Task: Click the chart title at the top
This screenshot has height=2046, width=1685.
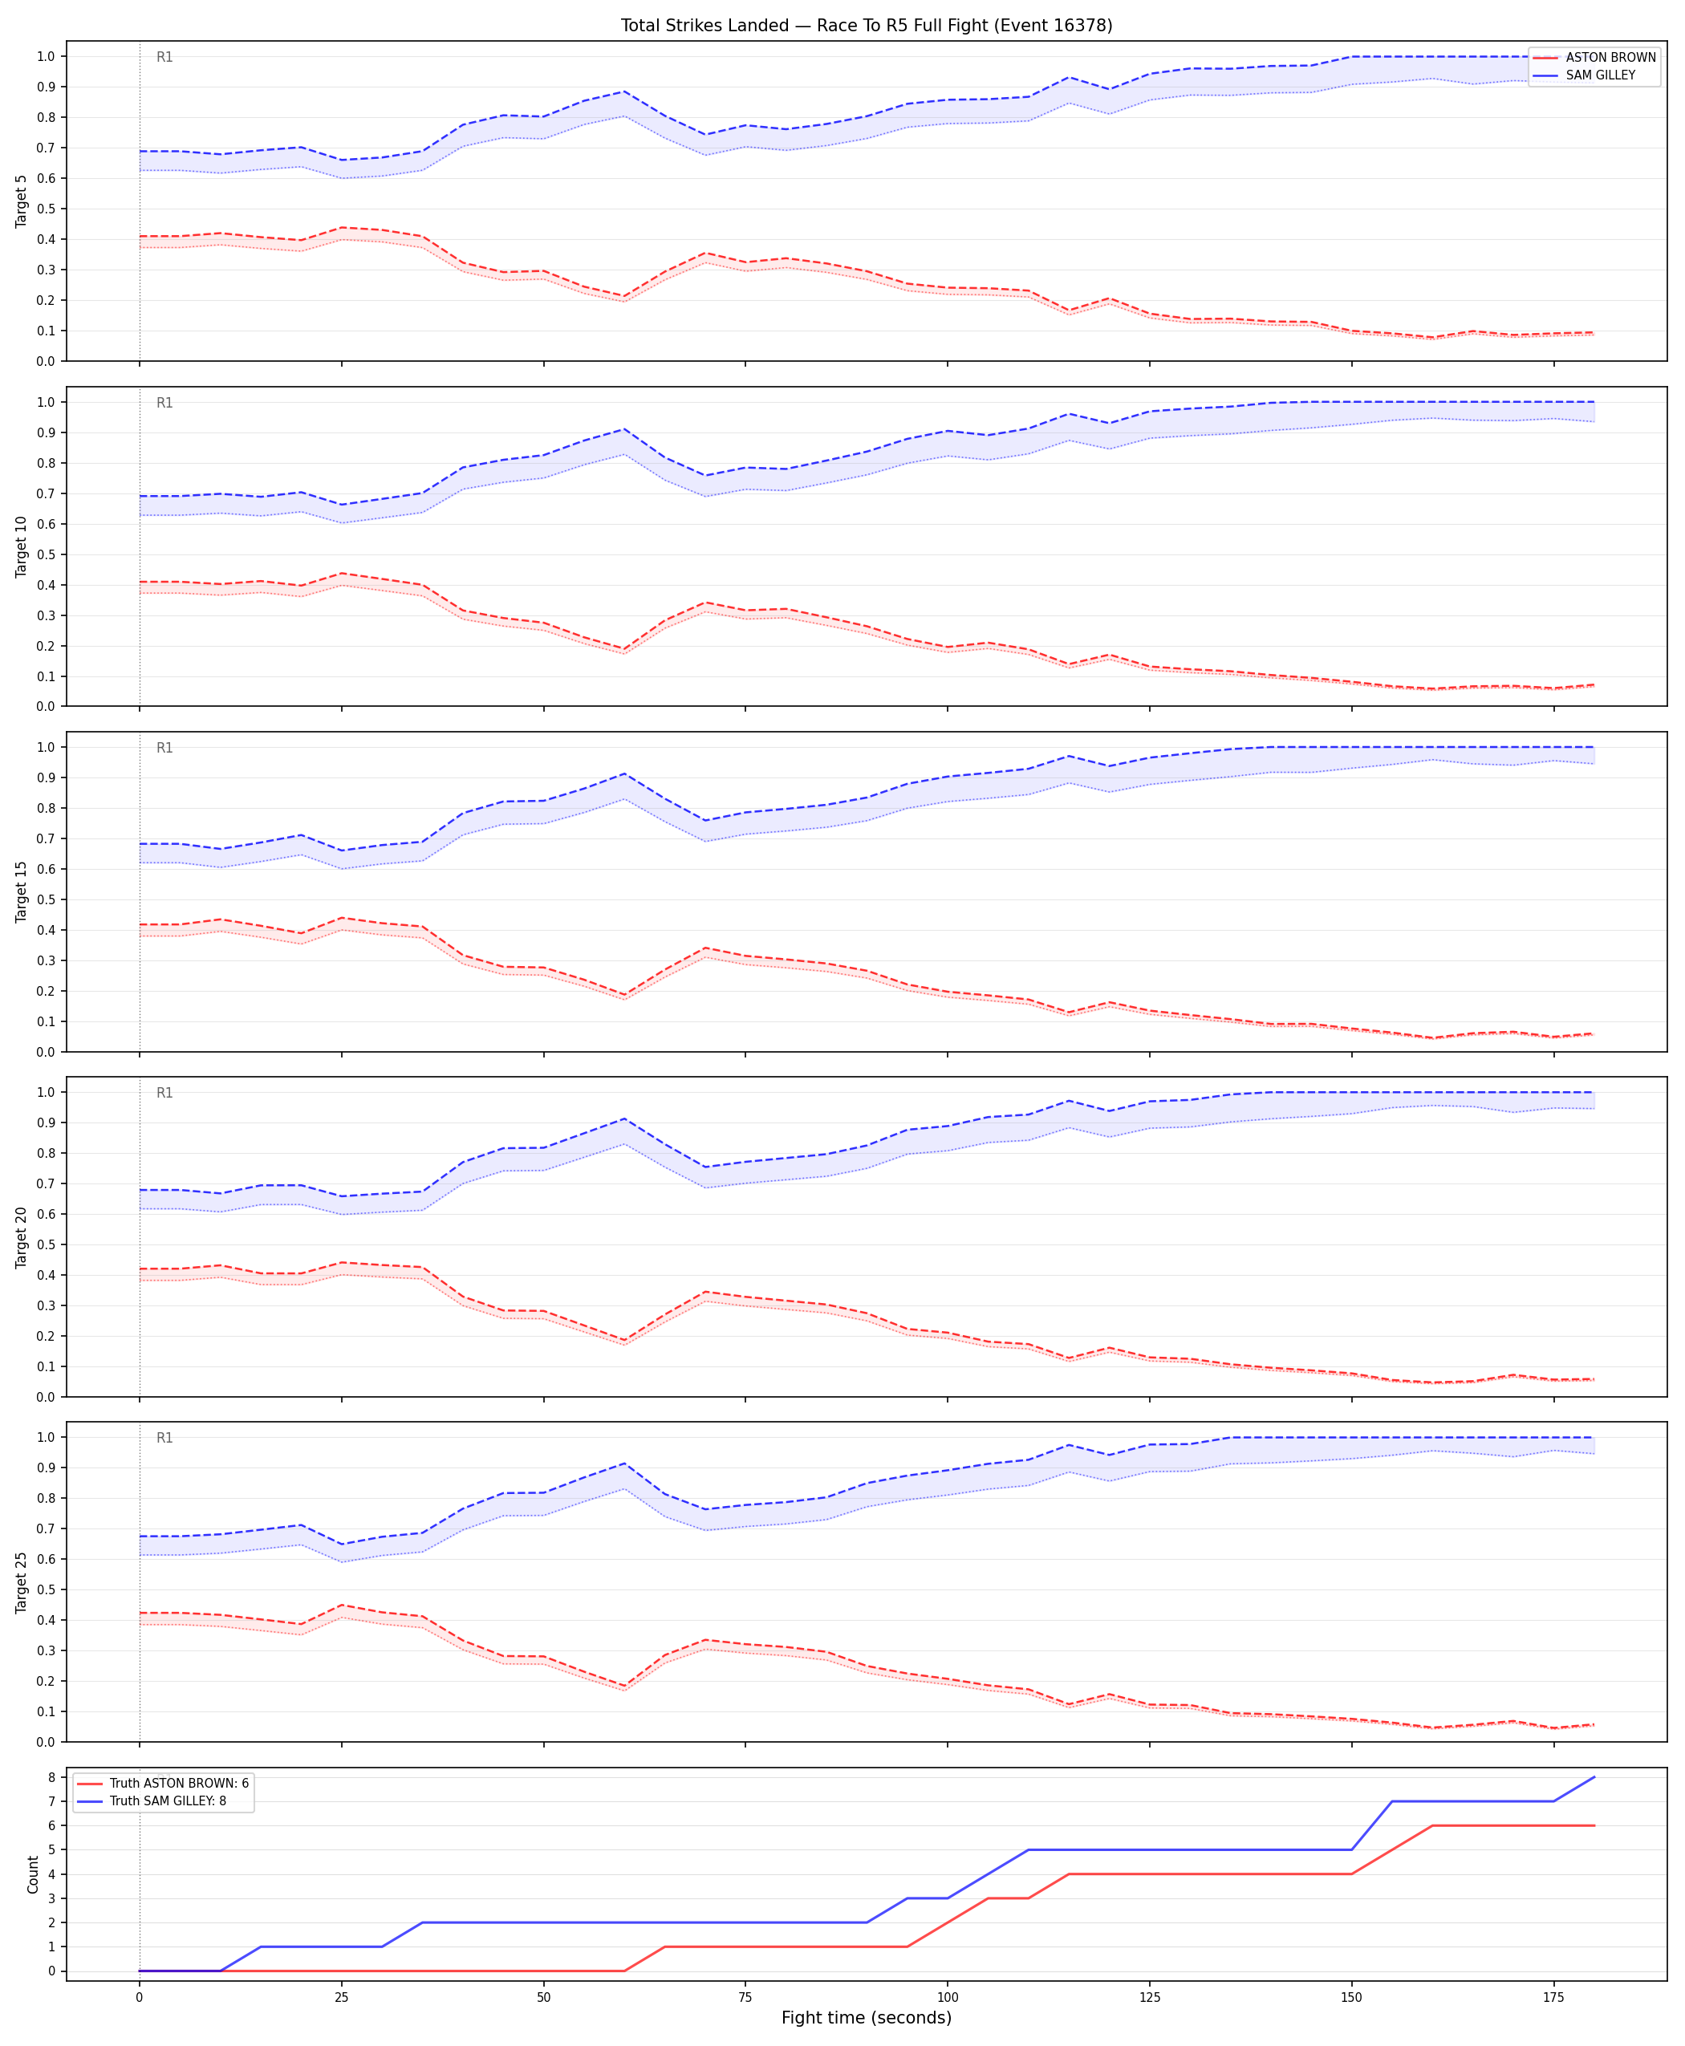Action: (x=866, y=25)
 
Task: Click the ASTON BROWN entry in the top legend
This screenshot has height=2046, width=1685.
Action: (x=1610, y=57)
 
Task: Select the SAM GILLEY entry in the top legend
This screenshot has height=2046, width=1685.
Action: (x=1601, y=75)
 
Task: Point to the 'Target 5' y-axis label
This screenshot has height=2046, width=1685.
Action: (x=22, y=201)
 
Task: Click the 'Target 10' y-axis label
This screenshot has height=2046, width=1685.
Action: (x=22, y=546)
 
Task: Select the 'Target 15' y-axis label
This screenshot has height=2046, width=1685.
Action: (x=22, y=891)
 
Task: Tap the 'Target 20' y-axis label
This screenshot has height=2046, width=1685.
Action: (x=22, y=1236)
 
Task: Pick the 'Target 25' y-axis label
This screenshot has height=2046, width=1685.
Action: (x=22, y=1581)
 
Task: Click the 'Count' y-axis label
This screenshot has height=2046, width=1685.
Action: (x=33, y=1874)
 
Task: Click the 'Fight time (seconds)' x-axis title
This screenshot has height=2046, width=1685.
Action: (x=866, y=2018)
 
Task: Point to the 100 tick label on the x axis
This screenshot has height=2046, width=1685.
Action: (x=948, y=1998)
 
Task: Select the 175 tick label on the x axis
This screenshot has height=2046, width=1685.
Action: (x=1554, y=1998)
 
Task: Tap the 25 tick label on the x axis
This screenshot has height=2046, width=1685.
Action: (x=341, y=1998)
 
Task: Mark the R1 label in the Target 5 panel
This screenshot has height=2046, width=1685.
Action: (x=165, y=57)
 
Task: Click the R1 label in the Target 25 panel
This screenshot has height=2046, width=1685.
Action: (x=165, y=1438)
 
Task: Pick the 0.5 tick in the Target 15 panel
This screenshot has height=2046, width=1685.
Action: (x=46, y=899)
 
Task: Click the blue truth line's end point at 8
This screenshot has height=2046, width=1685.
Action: (x=1594, y=1777)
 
